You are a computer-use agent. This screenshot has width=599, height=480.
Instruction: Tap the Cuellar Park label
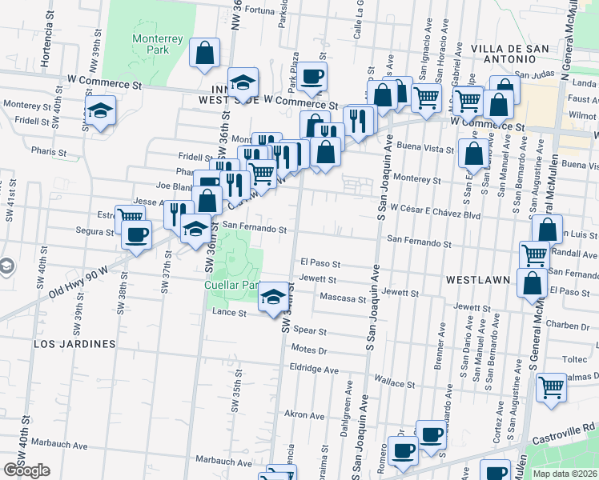(232, 285)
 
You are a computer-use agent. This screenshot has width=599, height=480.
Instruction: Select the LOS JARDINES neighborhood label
(74, 343)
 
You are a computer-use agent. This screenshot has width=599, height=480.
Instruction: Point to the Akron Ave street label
(305, 415)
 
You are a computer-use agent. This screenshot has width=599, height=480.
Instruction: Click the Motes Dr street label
(311, 350)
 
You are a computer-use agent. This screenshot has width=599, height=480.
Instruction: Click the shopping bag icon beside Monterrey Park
(205, 52)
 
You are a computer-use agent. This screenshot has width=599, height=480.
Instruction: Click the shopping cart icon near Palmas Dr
(551, 387)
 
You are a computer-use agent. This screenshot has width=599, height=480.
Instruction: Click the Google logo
(26, 470)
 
